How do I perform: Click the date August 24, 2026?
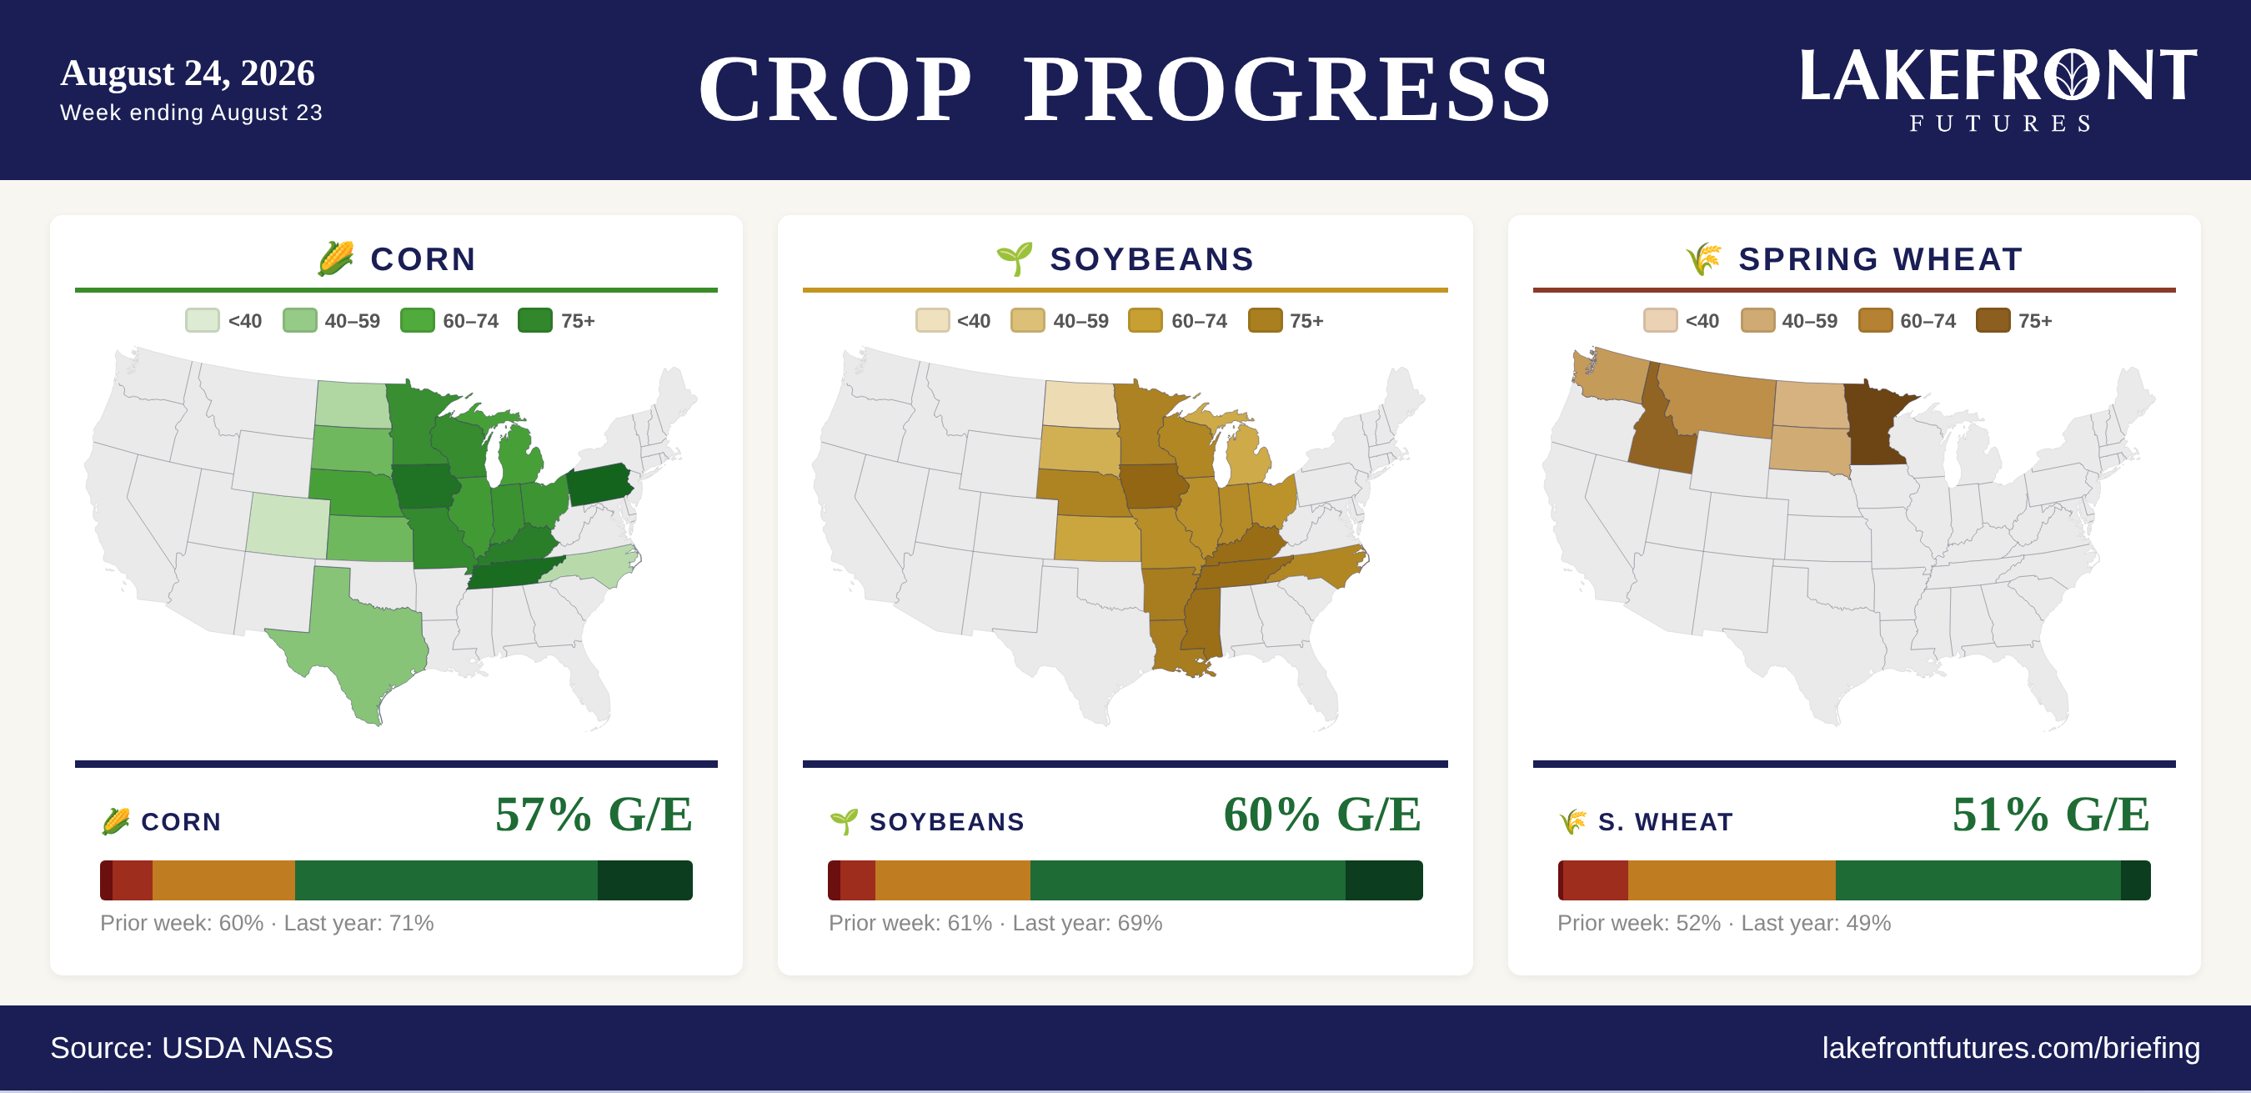point(187,73)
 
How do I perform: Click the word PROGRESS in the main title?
point(1286,89)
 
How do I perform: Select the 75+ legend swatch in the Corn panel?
point(534,321)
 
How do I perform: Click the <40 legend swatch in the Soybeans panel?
point(932,321)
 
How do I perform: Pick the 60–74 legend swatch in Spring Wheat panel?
point(1875,321)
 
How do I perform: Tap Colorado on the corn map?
point(288,524)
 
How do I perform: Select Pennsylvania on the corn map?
point(600,484)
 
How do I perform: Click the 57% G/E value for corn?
point(594,815)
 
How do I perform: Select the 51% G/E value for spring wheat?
point(2051,815)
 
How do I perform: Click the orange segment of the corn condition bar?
point(223,880)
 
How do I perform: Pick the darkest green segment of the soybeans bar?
point(1384,880)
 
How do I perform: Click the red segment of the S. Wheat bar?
point(1596,880)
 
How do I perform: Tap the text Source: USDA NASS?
point(192,1048)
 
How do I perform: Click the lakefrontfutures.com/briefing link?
point(2011,1048)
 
